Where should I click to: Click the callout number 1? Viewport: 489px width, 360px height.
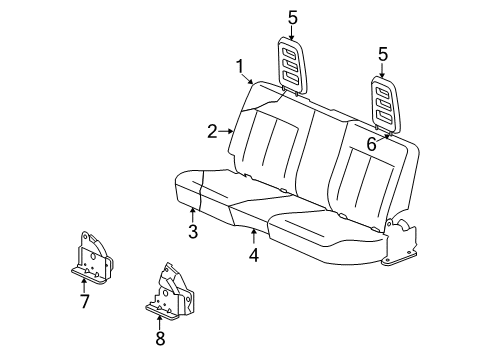point(240,66)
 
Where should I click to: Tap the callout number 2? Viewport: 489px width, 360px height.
point(212,130)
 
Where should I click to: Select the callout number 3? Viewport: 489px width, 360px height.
point(193,232)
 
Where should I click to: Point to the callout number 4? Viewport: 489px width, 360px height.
point(254,256)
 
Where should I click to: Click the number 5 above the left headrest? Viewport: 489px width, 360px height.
point(292,16)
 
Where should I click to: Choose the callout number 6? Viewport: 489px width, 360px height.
point(371,144)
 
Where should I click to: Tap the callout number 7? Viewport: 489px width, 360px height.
point(84,301)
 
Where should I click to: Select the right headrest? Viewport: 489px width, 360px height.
point(385,103)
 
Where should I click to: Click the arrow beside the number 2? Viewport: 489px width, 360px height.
point(227,130)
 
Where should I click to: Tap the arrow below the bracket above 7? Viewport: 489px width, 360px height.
point(84,283)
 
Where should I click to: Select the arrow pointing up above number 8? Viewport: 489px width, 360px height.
point(159,320)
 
